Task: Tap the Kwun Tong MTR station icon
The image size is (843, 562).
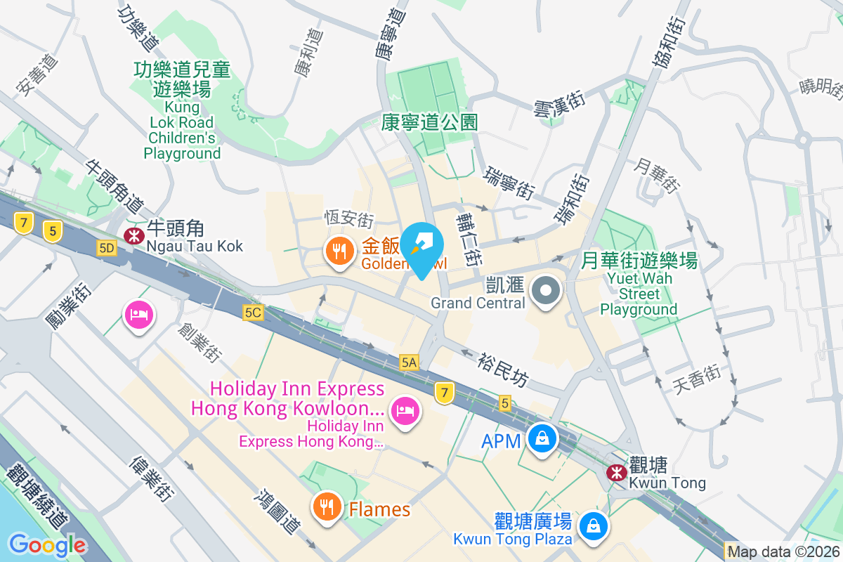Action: [x=617, y=473]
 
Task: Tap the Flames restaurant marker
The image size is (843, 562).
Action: [x=327, y=506]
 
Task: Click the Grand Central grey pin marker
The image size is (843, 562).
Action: [x=546, y=290]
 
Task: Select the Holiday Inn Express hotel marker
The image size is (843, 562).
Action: [x=406, y=409]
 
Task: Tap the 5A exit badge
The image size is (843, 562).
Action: [x=409, y=362]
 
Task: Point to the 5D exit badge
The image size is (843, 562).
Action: [x=107, y=248]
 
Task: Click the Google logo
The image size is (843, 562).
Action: [x=48, y=545]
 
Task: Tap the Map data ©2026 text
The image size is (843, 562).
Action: [x=783, y=551]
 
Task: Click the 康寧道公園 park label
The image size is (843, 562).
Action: [x=430, y=122]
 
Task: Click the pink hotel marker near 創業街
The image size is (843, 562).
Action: [x=139, y=314]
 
